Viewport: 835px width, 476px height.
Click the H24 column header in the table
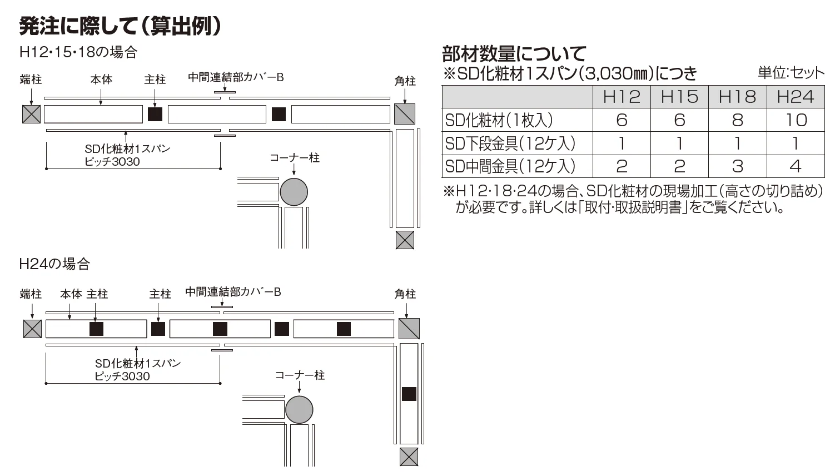click(x=795, y=97)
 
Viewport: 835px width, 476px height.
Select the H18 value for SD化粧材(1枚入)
click(x=737, y=120)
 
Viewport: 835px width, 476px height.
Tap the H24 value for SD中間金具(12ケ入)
click(x=796, y=166)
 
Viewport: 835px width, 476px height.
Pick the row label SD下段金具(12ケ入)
click(x=510, y=143)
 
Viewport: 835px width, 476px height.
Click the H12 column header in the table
click(x=622, y=97)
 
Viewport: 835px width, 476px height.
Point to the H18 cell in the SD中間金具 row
click(x=737, y=166)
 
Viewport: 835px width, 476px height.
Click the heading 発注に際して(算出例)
click(x=120, y=26)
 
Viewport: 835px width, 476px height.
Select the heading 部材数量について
click(x=514, y=54)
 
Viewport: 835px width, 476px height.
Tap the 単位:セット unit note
click(x=791, y=73)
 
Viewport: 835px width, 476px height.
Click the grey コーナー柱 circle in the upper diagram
click(x=294, y=192)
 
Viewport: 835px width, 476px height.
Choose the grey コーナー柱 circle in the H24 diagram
click(x=299, y=410)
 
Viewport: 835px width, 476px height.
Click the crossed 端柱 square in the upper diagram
click(x=31, y=114)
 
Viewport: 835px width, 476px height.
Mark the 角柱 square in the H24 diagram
click(x=409, y=329)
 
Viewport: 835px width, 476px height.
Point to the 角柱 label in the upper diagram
click(x=405, y=81)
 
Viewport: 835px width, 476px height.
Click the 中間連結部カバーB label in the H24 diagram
click(x=233, y=292)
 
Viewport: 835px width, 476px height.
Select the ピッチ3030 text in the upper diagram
click(x=112, y=162)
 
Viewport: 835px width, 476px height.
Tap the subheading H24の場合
click(x=55, y=264)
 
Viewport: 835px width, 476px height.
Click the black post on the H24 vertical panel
click(x=409, y=394)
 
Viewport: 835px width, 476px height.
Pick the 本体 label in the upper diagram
click(x=101, y=80)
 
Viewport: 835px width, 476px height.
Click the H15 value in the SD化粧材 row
click(x=679, y=120)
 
